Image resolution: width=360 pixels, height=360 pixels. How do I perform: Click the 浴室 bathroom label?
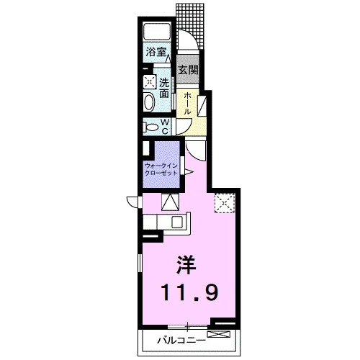click(156, 52)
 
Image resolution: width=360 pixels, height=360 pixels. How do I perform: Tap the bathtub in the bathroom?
click(157, 32)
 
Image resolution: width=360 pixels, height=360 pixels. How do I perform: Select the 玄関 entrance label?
click(188, 70)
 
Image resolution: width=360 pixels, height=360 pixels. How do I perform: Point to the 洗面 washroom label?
click(164, 88)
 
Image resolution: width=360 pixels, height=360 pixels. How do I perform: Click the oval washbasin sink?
click(149, 102)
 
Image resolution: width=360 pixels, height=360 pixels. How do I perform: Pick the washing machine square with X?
click(149, 82)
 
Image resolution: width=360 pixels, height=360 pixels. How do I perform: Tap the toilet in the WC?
click(150, 127)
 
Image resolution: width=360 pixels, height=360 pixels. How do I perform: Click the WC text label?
click(165, 127)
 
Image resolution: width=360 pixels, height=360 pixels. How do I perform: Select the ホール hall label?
click(187, 104)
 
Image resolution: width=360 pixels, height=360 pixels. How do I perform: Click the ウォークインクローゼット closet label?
click(161, 169)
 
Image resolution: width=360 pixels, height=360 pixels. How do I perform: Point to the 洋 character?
click(186, 265)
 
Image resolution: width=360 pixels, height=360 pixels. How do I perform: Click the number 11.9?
click(190, 292)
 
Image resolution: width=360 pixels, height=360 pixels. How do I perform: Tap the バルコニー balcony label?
click(181, 341)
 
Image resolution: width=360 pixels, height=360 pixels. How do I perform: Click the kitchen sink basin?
click(177, 222)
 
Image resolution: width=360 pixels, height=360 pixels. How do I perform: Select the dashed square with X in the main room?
click(225, 203)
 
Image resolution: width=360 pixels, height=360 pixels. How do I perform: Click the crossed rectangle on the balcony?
click(219, 334)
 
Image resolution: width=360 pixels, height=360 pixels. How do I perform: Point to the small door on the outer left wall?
click(132, 202)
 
